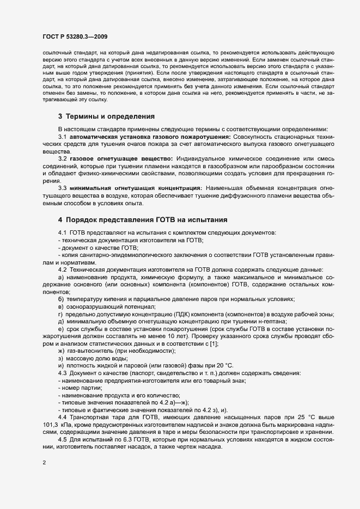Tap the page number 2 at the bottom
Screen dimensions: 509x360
point(44,463)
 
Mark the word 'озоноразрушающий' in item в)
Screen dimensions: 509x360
point(94,306)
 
